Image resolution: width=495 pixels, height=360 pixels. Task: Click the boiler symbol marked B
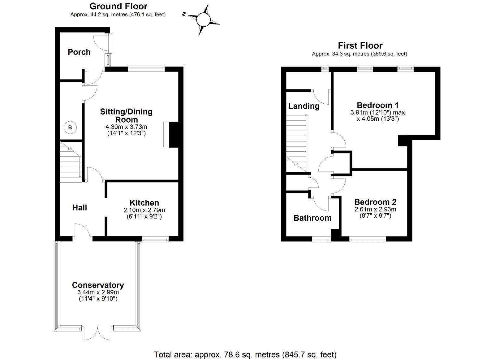[x=70, y=128]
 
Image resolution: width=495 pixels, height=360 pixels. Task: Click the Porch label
[x=79, y=52]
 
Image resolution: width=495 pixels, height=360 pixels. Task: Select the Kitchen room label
[x=144, y=203]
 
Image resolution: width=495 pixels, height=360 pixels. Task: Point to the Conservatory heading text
[x=98, y=285]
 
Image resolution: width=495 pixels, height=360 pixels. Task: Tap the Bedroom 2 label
[x=375, y=202]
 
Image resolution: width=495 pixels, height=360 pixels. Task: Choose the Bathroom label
[x=312, y=218]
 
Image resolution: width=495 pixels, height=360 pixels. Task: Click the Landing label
[x=304, y=106]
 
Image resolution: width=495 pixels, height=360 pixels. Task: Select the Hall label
[x=80, y=208]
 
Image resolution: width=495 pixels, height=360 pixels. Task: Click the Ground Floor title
[x=118, y=6]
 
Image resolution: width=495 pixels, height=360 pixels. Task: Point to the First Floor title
[x=360, y=46]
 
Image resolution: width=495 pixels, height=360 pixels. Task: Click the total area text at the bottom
[x=245, y=354]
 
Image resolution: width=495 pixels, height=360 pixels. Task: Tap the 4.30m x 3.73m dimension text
[x=126, y=127]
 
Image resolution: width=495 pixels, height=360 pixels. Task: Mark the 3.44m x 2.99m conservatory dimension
[x=98, y=292]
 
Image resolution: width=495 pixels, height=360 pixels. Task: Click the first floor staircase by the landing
[x=296, y=142]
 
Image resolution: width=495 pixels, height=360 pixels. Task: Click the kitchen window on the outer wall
[x=155, y=239]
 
